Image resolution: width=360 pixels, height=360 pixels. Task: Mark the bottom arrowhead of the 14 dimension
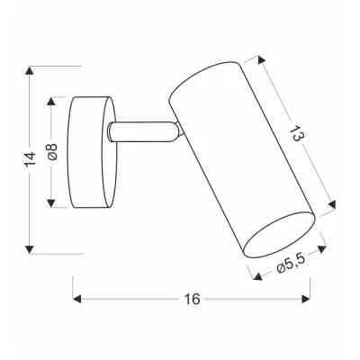pos(31,249)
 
